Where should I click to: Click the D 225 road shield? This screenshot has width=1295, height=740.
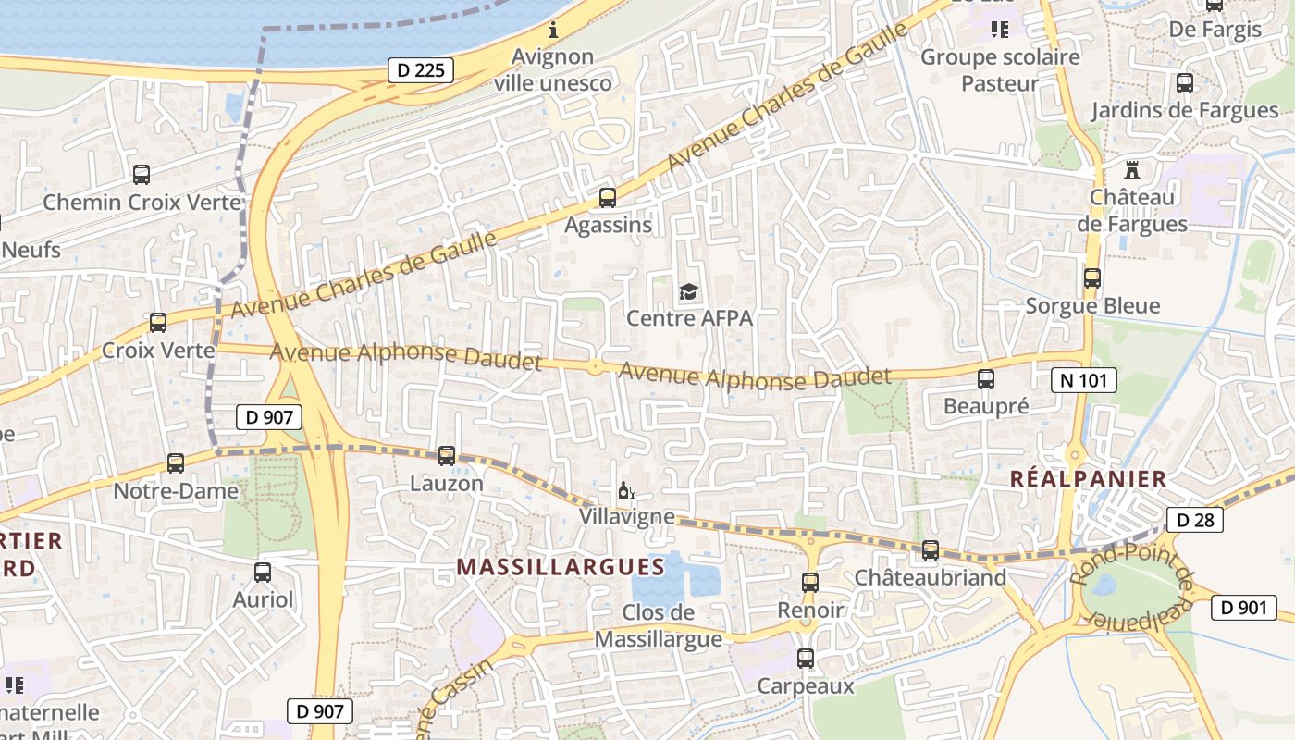click(x=421, y=69)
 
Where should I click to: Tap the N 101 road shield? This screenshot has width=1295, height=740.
click(x=1084, y=379)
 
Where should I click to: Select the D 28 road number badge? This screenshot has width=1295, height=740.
click(x=1195, y=520)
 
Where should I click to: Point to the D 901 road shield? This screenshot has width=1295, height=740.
click(x=1243, y=608)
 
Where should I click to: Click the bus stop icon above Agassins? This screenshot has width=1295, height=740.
click(x=608, y=197)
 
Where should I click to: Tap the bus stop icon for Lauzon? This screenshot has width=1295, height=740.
click(x=447, y=455)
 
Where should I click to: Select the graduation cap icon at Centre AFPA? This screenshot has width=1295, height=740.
click(x=689, y=292)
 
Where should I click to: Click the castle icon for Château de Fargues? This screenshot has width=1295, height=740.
click(x=1130, y=170)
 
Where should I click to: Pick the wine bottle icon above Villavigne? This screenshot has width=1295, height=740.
click(x=626, y=490)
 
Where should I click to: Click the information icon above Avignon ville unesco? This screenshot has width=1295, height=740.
click(x=553, y=30)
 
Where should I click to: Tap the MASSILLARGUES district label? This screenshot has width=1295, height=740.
click(x=561, y=566)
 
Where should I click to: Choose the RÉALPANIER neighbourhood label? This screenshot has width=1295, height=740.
click(x=1088, y=478)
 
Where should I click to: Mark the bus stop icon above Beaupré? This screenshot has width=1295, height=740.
click(x=986, y=378)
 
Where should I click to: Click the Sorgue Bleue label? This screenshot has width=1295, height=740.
click(x=1092, y=305)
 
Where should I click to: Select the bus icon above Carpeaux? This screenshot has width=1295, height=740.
click(x=806, y=659)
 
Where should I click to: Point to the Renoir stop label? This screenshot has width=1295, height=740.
click(x=810, y=610)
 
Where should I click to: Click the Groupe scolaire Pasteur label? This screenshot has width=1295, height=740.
click(x=1000, y=70)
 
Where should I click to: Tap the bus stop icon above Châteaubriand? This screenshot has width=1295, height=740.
click(x=931, y=550)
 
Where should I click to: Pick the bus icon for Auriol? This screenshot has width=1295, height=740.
click(x=263, y=573)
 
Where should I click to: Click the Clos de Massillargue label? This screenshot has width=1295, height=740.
click(x=659, y=625)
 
